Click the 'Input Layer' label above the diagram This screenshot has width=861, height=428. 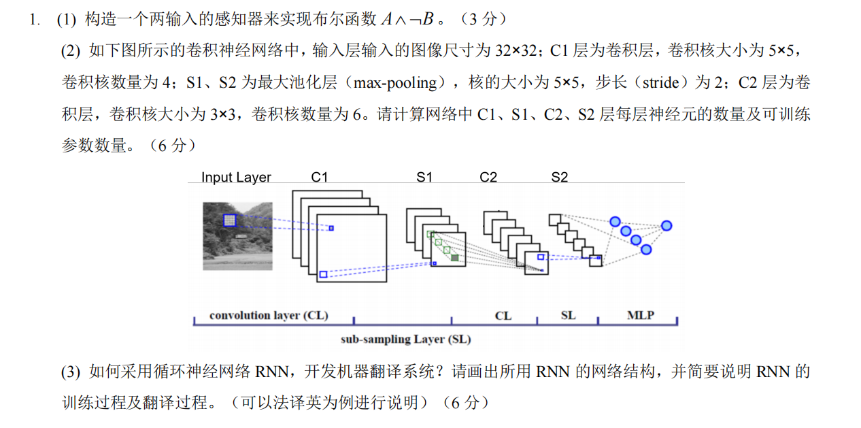(x=236, y=178)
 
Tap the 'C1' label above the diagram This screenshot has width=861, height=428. (x=320, y=177)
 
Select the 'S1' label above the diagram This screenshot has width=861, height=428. (x=424, y=177)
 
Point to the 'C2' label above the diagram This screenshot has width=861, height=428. (x=488, y=177)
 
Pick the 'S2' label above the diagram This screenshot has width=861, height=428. (x=559, y=177)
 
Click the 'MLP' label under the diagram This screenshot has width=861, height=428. (x=640, y=316)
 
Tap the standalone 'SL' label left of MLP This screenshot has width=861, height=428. (x=568, y=316)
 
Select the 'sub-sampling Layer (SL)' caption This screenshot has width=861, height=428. (x=405, y=339)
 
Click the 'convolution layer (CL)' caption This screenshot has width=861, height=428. (x=269, y=316)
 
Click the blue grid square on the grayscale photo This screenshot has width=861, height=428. (x=229, y=220)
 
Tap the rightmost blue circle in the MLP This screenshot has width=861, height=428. (x=666, y=226)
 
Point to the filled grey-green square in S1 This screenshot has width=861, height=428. (x=454, y=257)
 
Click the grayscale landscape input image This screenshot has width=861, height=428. (x=237, y=235)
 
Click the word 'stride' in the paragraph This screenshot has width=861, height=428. (x=660, y=83)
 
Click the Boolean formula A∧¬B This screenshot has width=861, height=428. (x=407, y=19)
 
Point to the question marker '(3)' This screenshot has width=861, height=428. (x=71, y=372)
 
